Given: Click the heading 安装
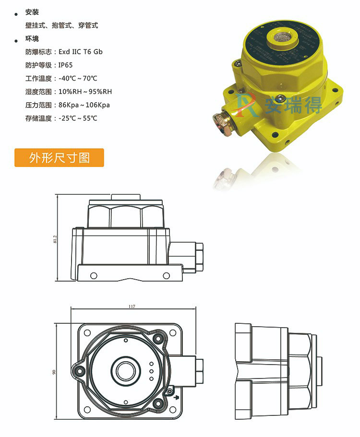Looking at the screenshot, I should [32, 12].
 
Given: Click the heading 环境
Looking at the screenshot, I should [32, 39].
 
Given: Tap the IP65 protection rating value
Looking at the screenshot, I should [66, 65].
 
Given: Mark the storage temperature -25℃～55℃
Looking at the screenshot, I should [78, 118].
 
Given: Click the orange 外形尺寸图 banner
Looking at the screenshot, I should [59, 158].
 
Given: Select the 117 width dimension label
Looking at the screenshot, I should [132, 306].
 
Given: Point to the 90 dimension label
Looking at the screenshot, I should [54, 372].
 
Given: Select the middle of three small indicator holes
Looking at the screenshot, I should [151, 371].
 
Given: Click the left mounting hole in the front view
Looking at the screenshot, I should [94, 275].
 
